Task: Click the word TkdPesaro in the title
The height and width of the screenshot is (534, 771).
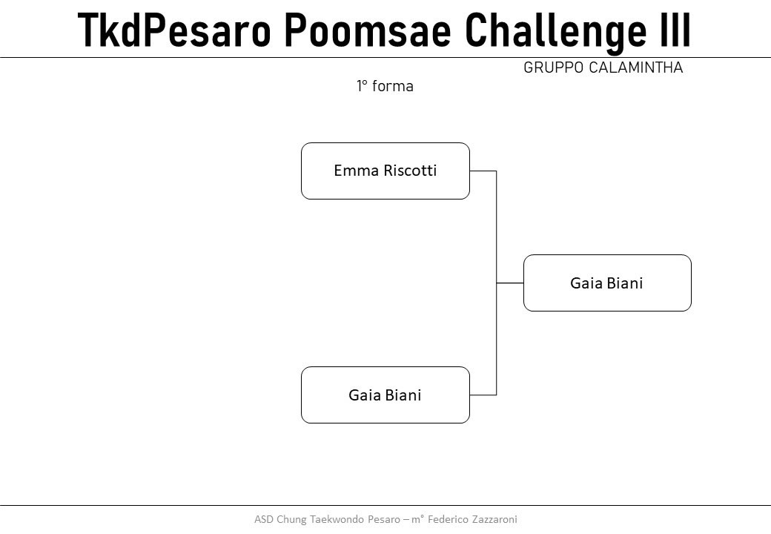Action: (174, 30)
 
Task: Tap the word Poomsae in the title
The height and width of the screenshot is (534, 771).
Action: (368, 30)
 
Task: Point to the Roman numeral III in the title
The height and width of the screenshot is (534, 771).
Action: (675, 30)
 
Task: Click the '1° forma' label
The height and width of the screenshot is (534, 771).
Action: (385, 86)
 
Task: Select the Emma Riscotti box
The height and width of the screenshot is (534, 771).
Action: (385, 171)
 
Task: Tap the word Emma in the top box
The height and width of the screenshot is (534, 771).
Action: (357, 171)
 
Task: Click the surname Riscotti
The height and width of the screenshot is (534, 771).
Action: (410, 171)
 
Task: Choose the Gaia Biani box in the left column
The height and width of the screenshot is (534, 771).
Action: (385, 395)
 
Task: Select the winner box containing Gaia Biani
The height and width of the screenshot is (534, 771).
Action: (607, 283)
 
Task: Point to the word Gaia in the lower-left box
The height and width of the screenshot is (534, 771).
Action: (364, 395)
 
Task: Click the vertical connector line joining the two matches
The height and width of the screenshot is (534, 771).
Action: (496, 283)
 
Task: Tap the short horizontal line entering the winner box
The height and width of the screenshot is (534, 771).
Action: (510, 283)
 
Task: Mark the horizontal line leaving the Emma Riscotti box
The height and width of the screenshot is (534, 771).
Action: (483, 171)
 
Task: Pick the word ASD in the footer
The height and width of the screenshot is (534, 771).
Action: (264, 519)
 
